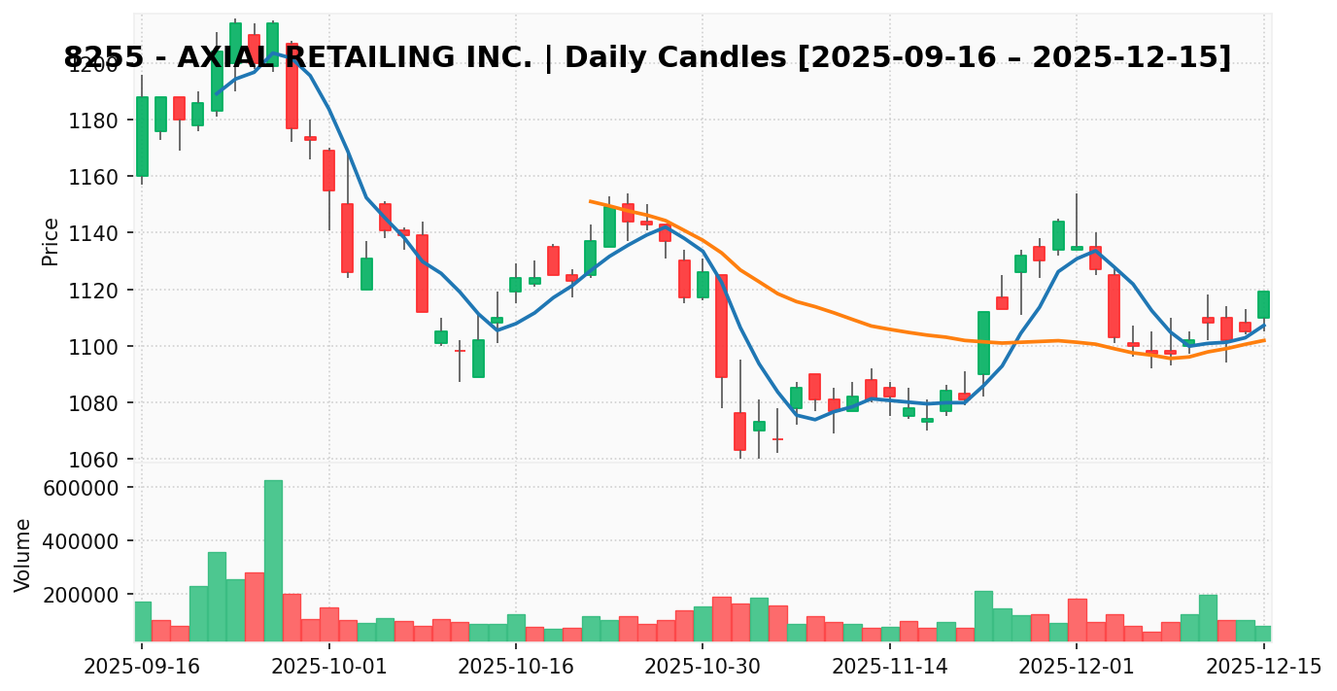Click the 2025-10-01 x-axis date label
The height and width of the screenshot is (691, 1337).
pos(328,668)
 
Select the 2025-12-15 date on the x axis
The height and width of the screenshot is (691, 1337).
pos(1263,668)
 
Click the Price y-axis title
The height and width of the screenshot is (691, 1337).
pos(51,241)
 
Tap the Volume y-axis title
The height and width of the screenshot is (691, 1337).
pos(23,555)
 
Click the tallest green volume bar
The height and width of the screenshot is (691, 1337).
pos(273,561)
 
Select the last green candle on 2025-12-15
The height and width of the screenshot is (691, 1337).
pos(1263,304)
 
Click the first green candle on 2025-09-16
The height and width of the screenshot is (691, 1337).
pos(142,136)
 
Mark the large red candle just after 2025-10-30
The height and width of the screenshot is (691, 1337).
pos(721,326)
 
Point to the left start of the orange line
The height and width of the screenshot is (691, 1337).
pos(591,201)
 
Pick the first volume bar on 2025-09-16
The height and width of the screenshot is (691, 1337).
pos(142,621)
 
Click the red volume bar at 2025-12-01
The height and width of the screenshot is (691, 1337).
pos(1077,619)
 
